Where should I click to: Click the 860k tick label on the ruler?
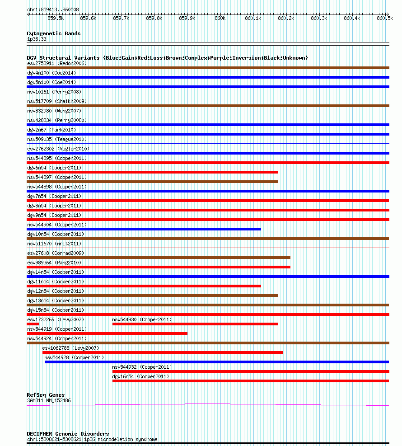pyautogui.click(x=220, y=18)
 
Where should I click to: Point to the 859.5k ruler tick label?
pyautogui.click(x=56, y=18)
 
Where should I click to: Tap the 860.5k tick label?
pyautogui.click(x=385, y=18)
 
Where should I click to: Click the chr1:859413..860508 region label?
pyautogui.click(x=53, y=9)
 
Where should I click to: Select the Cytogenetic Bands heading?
pyautogui.click(x=54, y=33)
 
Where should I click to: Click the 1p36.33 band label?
pyautogui.click(x=37, y=39)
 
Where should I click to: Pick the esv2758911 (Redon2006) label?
pyautogui.click(x=57, y=63)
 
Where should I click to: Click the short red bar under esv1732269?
pyautogui.click(x=33, y=324)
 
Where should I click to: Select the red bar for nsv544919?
pyautogui.click(x=107, y=333)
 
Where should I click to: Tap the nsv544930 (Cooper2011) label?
pyautogui.click(x=142, y=319)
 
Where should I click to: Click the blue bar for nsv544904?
pyautogui.click(x=144, y=229)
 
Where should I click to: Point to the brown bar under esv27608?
pyautogui.click(x=159, y=258)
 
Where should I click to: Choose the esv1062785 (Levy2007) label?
pyautogui.click(x=70, y=348)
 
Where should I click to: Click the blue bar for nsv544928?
pyautogui.click(x=216, y=362)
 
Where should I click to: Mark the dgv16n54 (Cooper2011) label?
pyautogui.click(x=140, y=376)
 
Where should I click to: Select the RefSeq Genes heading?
pyautogui.click(x=46, y=395)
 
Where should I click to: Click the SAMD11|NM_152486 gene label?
pyautogui.click(x=49, y=400)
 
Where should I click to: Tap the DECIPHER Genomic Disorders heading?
pyautogui.click(x=68, y=434)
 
